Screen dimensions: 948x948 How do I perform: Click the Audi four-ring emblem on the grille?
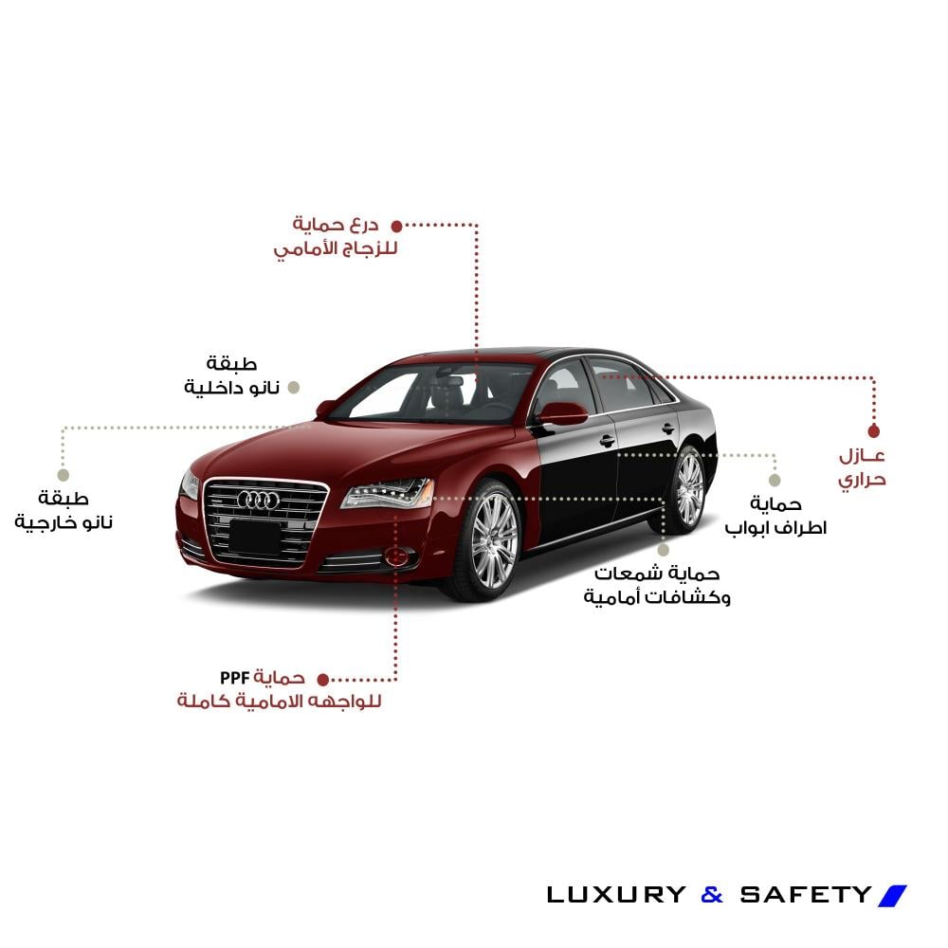[x=258, y=500]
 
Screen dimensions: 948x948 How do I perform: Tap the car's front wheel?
[x=491, y=540]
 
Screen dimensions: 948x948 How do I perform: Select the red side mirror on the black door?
[x=561, y=414]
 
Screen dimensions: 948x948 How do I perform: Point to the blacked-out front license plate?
[x=255, y=537]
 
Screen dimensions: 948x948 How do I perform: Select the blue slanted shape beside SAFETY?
[x=892, y=896]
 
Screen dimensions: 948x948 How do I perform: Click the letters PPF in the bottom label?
[x=234, y=678]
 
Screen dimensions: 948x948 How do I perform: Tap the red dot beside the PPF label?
[x=323, y=680]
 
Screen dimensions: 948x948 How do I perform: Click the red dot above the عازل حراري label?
[x=874, y=431]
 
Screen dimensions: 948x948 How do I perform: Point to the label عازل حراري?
[x=862, y=468]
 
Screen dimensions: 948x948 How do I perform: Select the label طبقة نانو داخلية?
[x=231, y=375]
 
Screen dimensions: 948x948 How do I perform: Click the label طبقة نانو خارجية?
[x=64, y=511]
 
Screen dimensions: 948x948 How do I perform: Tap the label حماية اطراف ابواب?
[x=775, y=516]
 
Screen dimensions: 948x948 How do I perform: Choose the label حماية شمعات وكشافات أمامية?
[x=657, y=585]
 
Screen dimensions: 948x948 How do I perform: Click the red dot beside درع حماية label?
[x=396, y=227]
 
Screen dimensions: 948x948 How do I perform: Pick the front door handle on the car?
[x=607, y=441]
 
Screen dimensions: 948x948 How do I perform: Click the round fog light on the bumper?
[x=397, y=556]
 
